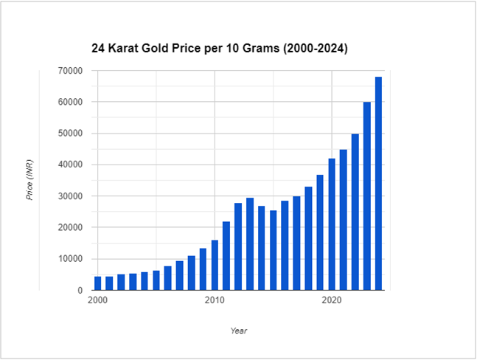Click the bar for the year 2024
(378, 184)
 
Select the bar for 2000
(97, 283)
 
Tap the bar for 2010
(215, 265)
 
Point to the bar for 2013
(250, 244)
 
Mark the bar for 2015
(273, 250)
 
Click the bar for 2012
(238, 246)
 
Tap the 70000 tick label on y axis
(71, 71)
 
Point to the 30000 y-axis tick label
(71, 196)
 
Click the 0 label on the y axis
(79, 291)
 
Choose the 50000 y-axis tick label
(71, 134)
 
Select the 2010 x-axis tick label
(215, 301)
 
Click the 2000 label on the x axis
(97, 301)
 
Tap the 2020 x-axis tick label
(332, 301)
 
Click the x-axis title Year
(238, 330)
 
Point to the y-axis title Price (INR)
(30, 181)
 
